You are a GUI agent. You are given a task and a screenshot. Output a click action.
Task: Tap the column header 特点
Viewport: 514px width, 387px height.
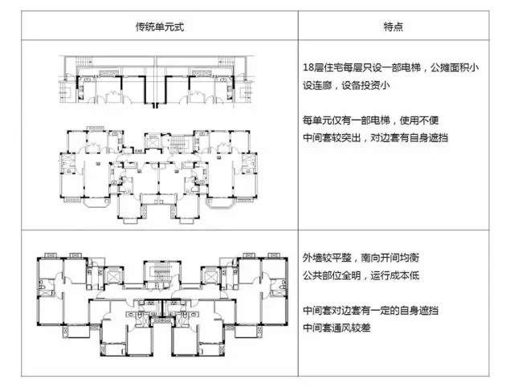click(x=394, y=26)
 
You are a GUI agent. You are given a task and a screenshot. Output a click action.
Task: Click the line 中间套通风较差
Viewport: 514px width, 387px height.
click(x=338, y=328)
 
